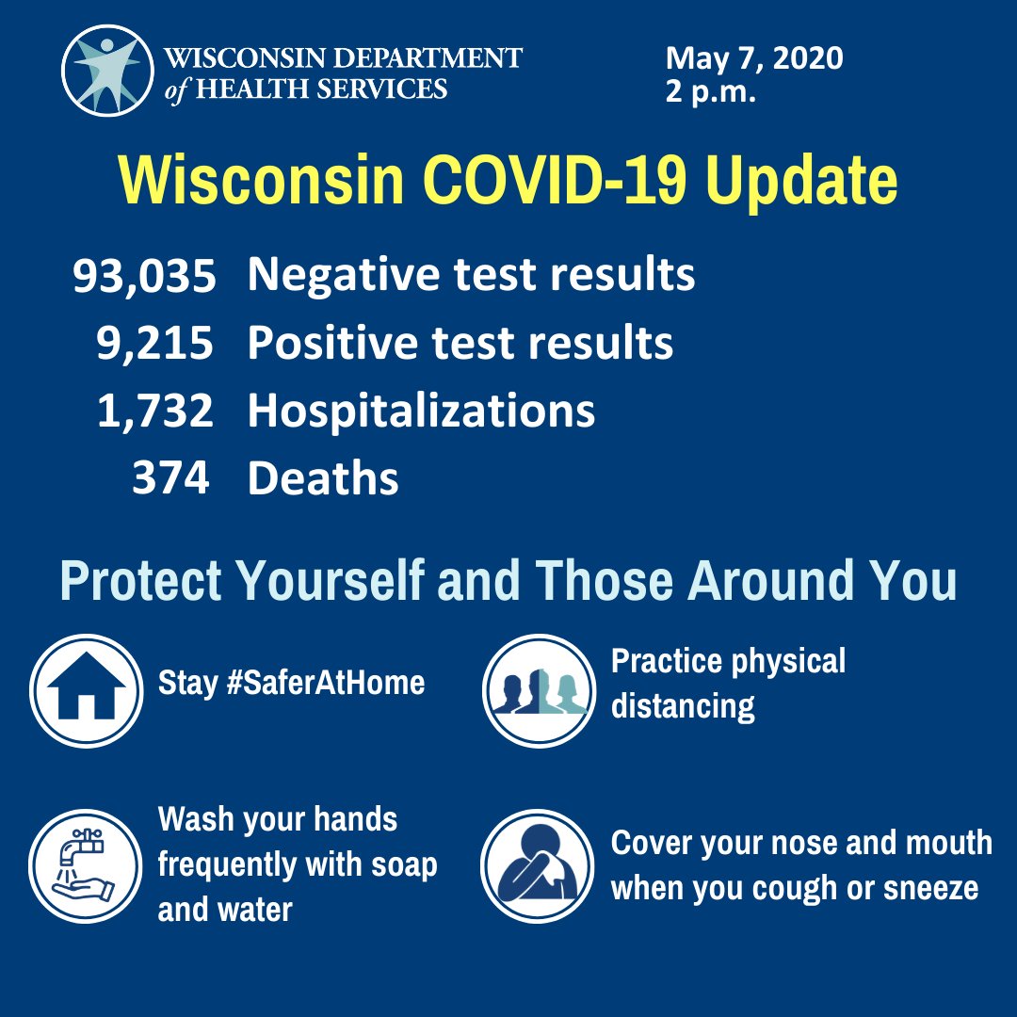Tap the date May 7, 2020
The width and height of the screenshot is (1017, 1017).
pos(754,59)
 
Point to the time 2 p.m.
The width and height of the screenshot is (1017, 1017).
pos(710,93)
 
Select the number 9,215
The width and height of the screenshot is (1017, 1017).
pos(155,344)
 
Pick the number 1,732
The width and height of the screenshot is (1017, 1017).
pos(155,412)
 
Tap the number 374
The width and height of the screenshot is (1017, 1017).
pos(170,478)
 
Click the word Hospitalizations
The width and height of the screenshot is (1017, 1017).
pos(421,412)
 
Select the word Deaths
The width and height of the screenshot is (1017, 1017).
pos(323,478)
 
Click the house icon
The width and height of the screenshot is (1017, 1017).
pos(87,691)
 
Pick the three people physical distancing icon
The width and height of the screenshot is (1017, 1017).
pos(539,691)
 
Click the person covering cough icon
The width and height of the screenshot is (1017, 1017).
pos(538,864)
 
